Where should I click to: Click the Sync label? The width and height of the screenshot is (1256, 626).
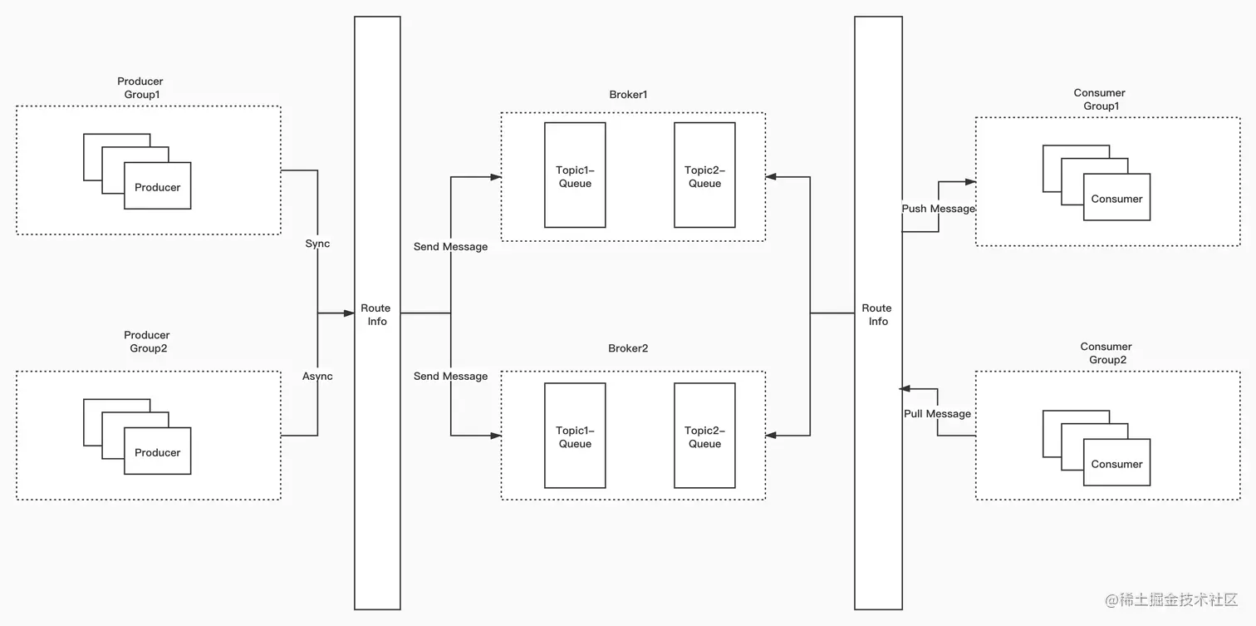[x=317, y=244]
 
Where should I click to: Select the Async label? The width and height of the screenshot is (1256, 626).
[x=317, y=377]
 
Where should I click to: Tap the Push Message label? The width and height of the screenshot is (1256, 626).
[x=938, y=209]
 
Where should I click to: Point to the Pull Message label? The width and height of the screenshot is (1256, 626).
[x=937, y=414]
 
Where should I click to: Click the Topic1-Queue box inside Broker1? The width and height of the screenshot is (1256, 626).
[x=575, y=175]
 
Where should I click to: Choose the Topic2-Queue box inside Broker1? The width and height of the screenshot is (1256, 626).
[x=704, y=175]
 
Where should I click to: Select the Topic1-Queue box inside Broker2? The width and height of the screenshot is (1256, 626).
[x=575, y=436]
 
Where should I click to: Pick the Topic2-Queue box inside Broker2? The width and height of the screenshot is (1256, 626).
[x=704, y=436]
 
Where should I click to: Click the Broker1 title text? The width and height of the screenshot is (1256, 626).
[x=628, y=95]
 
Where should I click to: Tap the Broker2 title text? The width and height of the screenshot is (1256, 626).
[x=628, y=348]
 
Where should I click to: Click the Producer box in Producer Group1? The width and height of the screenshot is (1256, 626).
[x=158, y=186]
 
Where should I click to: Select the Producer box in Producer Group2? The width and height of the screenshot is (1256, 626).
[x=158, y=451]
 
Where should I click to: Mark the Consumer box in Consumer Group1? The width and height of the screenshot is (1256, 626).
[x=1116, y=198]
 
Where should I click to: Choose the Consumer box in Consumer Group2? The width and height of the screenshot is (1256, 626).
[x=1116, y=463]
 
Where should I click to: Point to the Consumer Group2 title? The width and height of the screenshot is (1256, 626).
[x=1106, y=353]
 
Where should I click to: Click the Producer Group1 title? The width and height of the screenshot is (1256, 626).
[x=140, y=88]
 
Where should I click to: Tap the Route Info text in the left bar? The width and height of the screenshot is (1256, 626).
[x=376, y=314]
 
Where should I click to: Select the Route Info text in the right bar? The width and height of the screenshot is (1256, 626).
[x=877, y=314]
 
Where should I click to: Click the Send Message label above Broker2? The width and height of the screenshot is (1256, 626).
[x=450, y=377]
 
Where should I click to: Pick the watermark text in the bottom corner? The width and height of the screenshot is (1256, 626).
[x=1171, y=599]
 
